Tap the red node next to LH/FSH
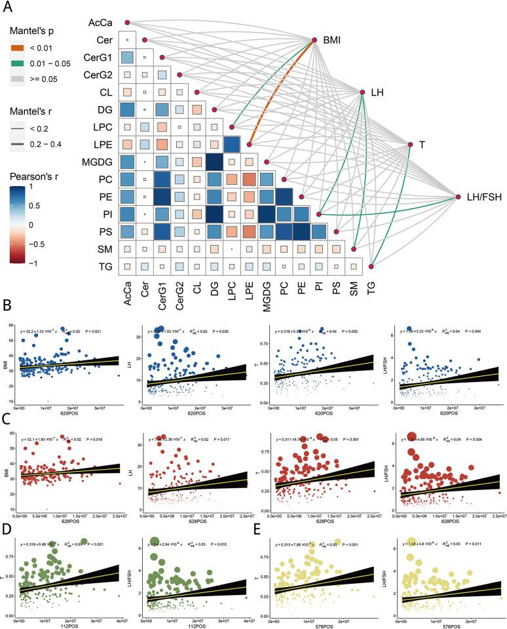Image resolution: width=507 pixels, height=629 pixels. click(459, 196)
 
